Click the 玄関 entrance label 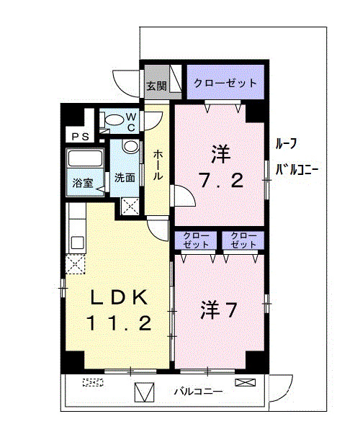[156, 86]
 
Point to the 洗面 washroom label [125, 178]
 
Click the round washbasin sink [130, 147]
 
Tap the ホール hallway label [158, 166]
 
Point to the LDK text [119, 297]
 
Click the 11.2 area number [119, 323]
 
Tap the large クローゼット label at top [225, 84]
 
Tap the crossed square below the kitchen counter [76, 265]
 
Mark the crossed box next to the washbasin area [131, 207]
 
